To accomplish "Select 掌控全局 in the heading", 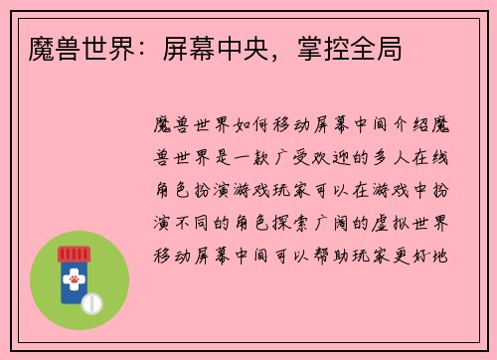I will coord(357,46).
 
